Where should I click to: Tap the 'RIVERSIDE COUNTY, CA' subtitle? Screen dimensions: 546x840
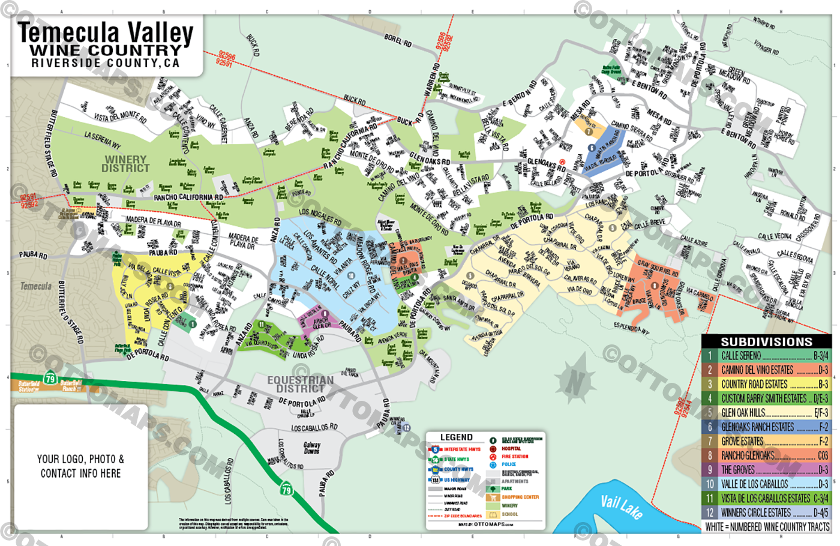(106, 63)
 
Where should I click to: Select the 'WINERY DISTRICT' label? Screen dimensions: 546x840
(125, 164)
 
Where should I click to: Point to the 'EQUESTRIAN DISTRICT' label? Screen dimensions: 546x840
(300, 384)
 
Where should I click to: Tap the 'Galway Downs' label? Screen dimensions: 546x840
(311, 448)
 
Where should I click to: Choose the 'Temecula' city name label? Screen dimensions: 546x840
(36, 286)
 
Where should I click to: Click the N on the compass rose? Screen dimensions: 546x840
(575, 380)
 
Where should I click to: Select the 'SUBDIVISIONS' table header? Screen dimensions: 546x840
(766, 342)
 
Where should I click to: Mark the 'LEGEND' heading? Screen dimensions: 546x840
(456, 437)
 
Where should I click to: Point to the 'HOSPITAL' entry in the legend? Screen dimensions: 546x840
(511, 449)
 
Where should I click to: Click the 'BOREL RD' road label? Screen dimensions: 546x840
(398, 41)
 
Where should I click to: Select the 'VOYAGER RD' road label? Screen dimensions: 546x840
(766, 47)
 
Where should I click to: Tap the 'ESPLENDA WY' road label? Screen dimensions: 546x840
(631, 328)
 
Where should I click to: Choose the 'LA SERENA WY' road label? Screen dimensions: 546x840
(103, 140)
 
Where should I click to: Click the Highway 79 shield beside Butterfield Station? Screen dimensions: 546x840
(50, 379)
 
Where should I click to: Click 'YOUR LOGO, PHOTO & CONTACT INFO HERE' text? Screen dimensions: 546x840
(80, 466)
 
